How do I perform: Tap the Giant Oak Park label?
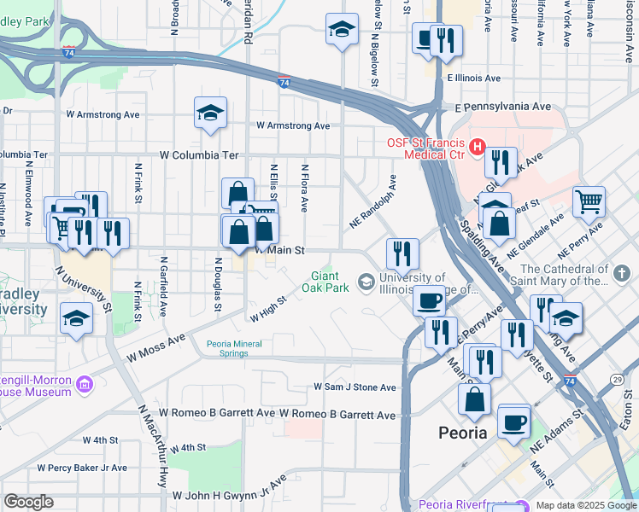325,282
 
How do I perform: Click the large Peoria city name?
462,432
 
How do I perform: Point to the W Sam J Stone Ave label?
355,387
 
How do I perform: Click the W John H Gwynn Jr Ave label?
229,494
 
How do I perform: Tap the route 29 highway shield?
617,378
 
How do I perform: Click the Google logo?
28,502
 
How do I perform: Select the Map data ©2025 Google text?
585,505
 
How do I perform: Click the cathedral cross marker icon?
622,274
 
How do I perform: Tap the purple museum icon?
84,386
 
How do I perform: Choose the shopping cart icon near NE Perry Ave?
589,202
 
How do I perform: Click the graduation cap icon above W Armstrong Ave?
209,113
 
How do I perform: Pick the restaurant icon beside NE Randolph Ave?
402,252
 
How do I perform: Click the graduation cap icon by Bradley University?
76,318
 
